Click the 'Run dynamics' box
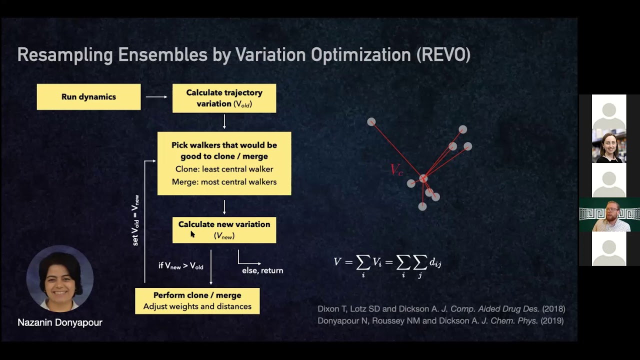point(88,97)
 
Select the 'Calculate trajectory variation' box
point(224,98)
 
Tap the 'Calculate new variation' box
point(224,230)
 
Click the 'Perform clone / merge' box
point(197,301)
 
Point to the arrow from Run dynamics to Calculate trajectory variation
point(156,97)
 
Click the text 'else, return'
point(262,270)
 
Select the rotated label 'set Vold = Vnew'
point(135,220)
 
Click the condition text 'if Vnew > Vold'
point(181,266)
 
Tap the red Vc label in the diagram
point(396,170)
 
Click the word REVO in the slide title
point(443,55)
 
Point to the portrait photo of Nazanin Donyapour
point(59,279)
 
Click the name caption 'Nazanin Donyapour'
point(60,322)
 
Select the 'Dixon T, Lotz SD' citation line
point(441,309)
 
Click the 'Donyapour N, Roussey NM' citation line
point(440,321)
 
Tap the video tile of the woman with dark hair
point(609,146)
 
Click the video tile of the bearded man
point(609,215)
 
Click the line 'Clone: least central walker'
point(224,169)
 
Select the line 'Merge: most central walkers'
point(224,182)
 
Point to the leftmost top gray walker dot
point(371,122)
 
